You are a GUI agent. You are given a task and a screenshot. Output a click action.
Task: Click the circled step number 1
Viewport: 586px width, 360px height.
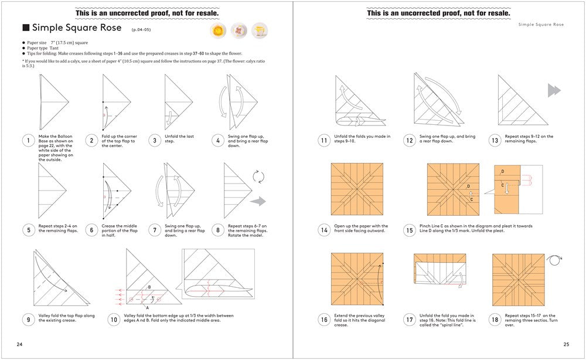point(28,140)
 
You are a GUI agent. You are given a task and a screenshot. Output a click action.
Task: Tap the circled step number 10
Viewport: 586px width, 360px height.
point(113,320)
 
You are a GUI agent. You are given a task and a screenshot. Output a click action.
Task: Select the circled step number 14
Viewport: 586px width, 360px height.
point(323,230)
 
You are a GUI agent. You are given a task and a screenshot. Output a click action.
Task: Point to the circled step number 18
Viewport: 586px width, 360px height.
point(495,320)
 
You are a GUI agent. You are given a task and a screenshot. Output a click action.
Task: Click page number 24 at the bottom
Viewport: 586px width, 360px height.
point(20,344)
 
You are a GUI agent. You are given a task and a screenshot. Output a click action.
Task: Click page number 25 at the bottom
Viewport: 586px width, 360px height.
point(565,344)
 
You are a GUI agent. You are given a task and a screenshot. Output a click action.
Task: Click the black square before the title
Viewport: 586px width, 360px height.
point(26,28)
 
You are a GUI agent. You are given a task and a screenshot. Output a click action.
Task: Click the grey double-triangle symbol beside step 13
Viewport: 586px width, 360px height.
point(554,90)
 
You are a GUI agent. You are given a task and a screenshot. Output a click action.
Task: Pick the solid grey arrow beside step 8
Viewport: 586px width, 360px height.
point(258,202)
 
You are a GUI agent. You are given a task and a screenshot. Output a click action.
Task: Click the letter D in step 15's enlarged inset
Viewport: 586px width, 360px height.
point(502,172)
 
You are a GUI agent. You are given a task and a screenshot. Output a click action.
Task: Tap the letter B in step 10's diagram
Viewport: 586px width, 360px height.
point(149,287)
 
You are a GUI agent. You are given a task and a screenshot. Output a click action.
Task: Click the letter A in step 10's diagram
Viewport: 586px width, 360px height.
point(147,307)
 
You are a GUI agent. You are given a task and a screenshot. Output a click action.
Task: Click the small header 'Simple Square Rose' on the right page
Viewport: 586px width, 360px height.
point(541,25)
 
